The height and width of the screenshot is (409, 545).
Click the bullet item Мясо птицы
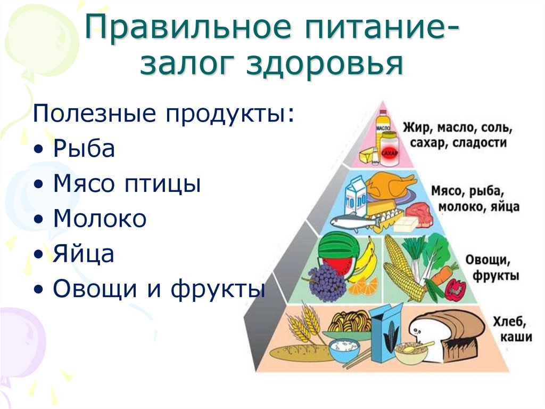click(x=127, y=184)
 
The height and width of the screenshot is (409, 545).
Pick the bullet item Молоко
click(x=100, y=219)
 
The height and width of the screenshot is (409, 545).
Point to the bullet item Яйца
click(x=84, y=254)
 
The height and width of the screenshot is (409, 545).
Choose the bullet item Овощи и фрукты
click(x=159, y=289)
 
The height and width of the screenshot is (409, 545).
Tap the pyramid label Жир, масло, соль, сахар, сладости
click(x=458, y=135)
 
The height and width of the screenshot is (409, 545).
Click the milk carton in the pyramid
click(x=356, y=196)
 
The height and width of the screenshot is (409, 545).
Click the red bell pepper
click(x=455, y=290)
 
